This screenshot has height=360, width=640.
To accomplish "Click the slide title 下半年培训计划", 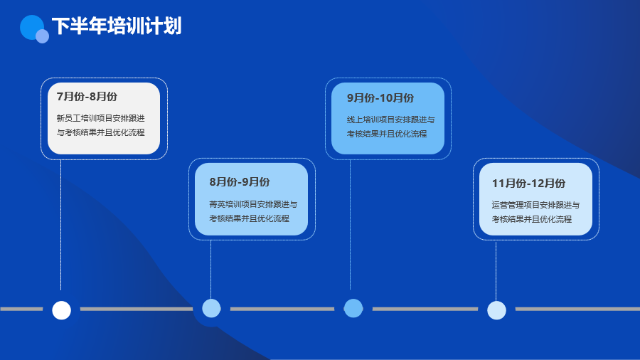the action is point(117,26).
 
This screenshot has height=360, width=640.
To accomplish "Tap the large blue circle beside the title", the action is point(31,26).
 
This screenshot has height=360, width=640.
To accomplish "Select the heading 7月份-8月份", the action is point(87,96).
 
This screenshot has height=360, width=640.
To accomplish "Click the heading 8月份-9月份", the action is point(240,181).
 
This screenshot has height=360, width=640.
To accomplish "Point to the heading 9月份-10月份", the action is point(380,98).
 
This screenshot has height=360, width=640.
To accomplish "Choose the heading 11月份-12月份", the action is point(528,184).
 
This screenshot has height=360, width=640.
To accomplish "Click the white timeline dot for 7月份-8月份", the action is point(62,310).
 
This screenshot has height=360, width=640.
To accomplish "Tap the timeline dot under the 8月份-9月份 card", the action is point(211,308).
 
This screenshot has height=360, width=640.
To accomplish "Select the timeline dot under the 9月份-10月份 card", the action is point(353,308).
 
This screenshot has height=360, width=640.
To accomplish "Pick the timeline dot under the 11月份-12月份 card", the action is point(497,310).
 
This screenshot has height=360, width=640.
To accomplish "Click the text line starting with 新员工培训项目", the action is point(101,118).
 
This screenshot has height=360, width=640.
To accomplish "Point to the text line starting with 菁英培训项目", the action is point(253,204).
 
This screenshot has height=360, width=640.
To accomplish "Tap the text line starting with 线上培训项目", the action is point(391,120).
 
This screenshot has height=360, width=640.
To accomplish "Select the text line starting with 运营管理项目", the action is point(535,205).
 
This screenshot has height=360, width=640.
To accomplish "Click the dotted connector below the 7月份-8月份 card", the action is point(61,225).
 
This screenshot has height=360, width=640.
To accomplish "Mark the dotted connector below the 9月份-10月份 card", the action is point(350,225).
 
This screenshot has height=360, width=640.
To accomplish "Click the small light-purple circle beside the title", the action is point(43,36).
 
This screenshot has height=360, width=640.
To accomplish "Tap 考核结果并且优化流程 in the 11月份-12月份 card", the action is point(531,219).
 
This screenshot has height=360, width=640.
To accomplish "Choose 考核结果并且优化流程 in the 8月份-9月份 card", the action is point(249,218).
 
